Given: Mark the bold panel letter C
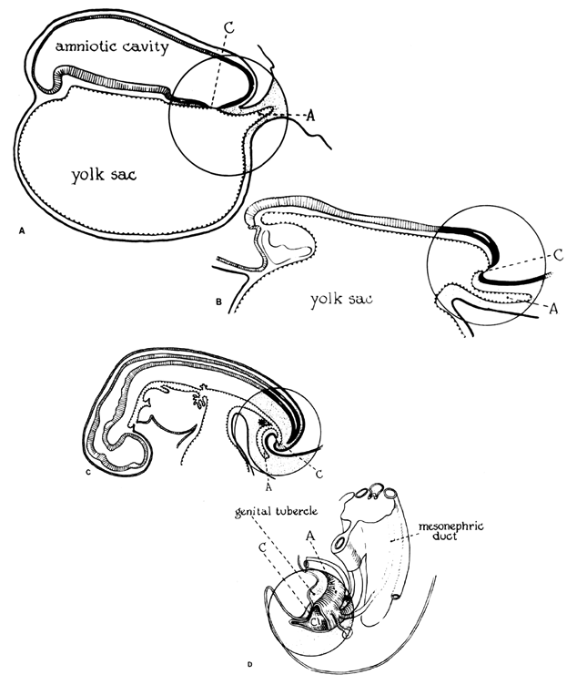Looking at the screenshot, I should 86,472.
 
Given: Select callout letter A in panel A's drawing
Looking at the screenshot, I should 312,115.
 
